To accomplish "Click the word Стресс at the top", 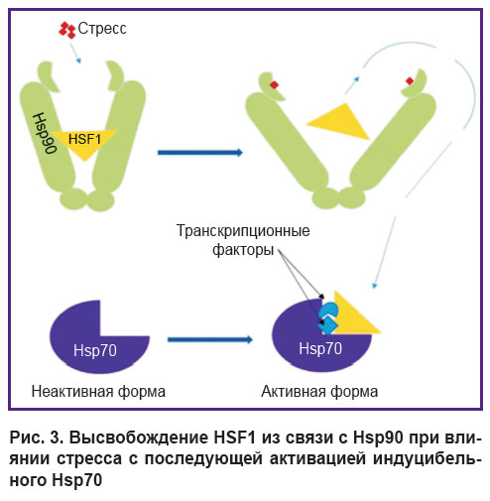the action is tap(102, 29).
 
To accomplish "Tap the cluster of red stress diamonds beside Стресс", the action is tap(67, 30).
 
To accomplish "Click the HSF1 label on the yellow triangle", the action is tap(84, 139).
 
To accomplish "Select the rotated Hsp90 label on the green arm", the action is tap(45, 133).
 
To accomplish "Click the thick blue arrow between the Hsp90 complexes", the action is tap(200, 153).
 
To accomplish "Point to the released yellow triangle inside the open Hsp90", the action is tap(338, 121).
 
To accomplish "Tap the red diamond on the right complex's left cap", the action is tap(274, 85).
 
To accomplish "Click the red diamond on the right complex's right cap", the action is tap(410, 81).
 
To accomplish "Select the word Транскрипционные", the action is tap(243, 230).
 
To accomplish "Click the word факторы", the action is tap(243, 249).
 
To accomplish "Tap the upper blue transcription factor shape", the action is tap(328, 311).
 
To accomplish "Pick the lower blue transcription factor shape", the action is tap(327, 324).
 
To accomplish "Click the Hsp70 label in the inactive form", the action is tap(95, 350).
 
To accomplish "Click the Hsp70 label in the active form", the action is tap(320, 348).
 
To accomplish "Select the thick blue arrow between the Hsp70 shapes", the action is tap(210, 339).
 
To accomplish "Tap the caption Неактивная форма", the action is tap(98, 392).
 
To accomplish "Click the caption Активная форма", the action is tap(319, 392).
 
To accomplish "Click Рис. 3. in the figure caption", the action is tap(36, 438).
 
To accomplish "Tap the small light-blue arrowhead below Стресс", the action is tap(78, 61).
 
